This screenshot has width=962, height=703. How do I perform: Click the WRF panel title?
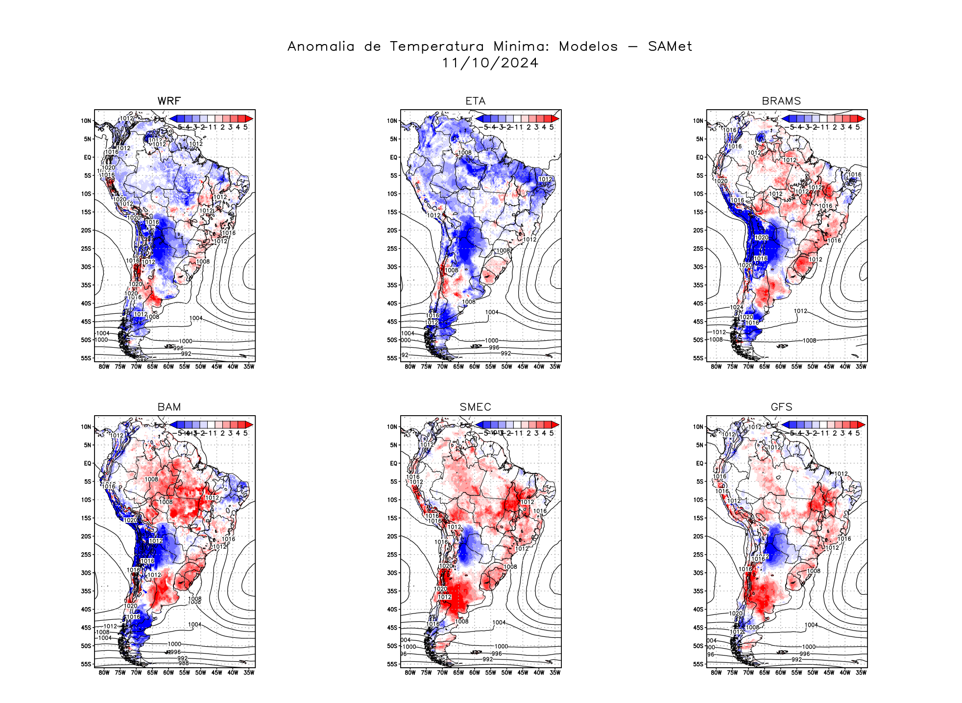point(169,101)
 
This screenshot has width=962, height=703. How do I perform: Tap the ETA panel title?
point(475,101)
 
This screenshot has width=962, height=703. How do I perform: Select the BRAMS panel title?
point(781,101)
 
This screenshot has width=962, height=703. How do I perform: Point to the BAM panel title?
point(169,407)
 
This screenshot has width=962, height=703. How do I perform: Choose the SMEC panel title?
point(475,407)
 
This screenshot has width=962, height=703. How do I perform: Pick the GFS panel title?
point(781,407)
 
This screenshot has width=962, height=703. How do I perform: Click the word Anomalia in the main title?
point(321,47)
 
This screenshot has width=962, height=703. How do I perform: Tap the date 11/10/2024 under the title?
point(490,63)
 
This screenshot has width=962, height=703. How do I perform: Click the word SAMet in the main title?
point(670,47)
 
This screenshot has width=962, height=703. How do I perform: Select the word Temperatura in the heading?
point(436,47)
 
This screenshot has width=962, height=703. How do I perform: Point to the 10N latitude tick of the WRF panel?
point(86,121)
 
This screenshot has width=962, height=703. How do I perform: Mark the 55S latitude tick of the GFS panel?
point(698,664)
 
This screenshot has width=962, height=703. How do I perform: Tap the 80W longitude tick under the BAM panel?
point(104,673)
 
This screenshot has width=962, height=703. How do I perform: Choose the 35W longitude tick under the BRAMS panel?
point(861,367)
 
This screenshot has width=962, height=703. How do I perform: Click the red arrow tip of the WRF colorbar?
point(249,118)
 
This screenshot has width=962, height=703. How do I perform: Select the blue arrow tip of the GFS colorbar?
point(785,424)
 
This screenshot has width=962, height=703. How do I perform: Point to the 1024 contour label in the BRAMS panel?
point(736,307)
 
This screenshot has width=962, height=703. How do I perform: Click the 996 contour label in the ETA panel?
point(494,348)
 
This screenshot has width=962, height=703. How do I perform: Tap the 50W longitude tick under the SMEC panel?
point(506,673)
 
